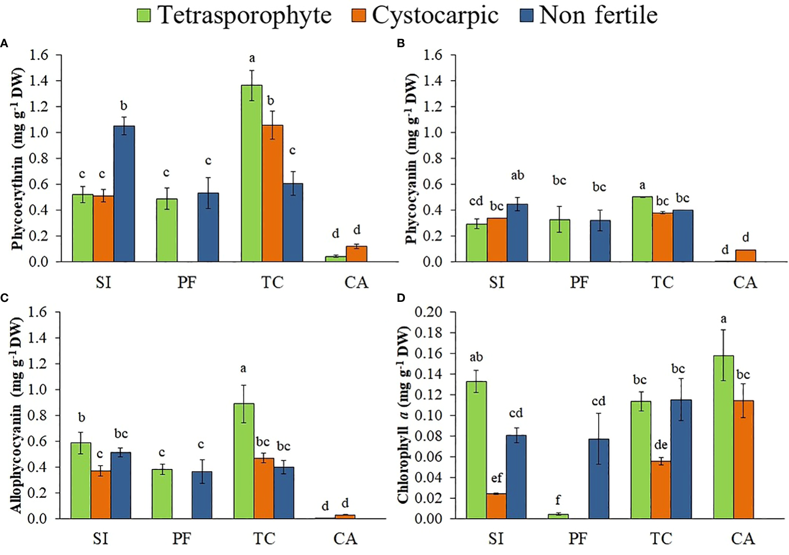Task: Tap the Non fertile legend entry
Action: [x=589, y=15]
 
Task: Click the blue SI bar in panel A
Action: [x=124, y=194]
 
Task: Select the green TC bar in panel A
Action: [x=252, y=173]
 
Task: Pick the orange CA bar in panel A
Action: [x=357, y=254]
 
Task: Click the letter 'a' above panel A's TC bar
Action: [x=252, y=58]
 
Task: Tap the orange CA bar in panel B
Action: [x=746, y=256]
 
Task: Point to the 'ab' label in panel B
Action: [x=518, y=175]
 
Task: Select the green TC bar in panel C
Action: [x=244, y=461]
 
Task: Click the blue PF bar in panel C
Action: [x=202, y=495]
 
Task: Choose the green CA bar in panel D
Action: [x=723, y=437]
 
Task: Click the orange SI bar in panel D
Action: [x=496, y=506]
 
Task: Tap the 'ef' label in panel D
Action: [x=497, y=478]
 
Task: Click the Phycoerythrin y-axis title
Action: [x=17, y=159]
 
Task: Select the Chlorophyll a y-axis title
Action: [x=403, y=415]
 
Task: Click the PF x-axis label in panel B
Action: [x=579, y=282]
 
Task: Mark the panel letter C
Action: [x=4, y=298]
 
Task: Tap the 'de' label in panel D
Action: [x=661, y=444]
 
